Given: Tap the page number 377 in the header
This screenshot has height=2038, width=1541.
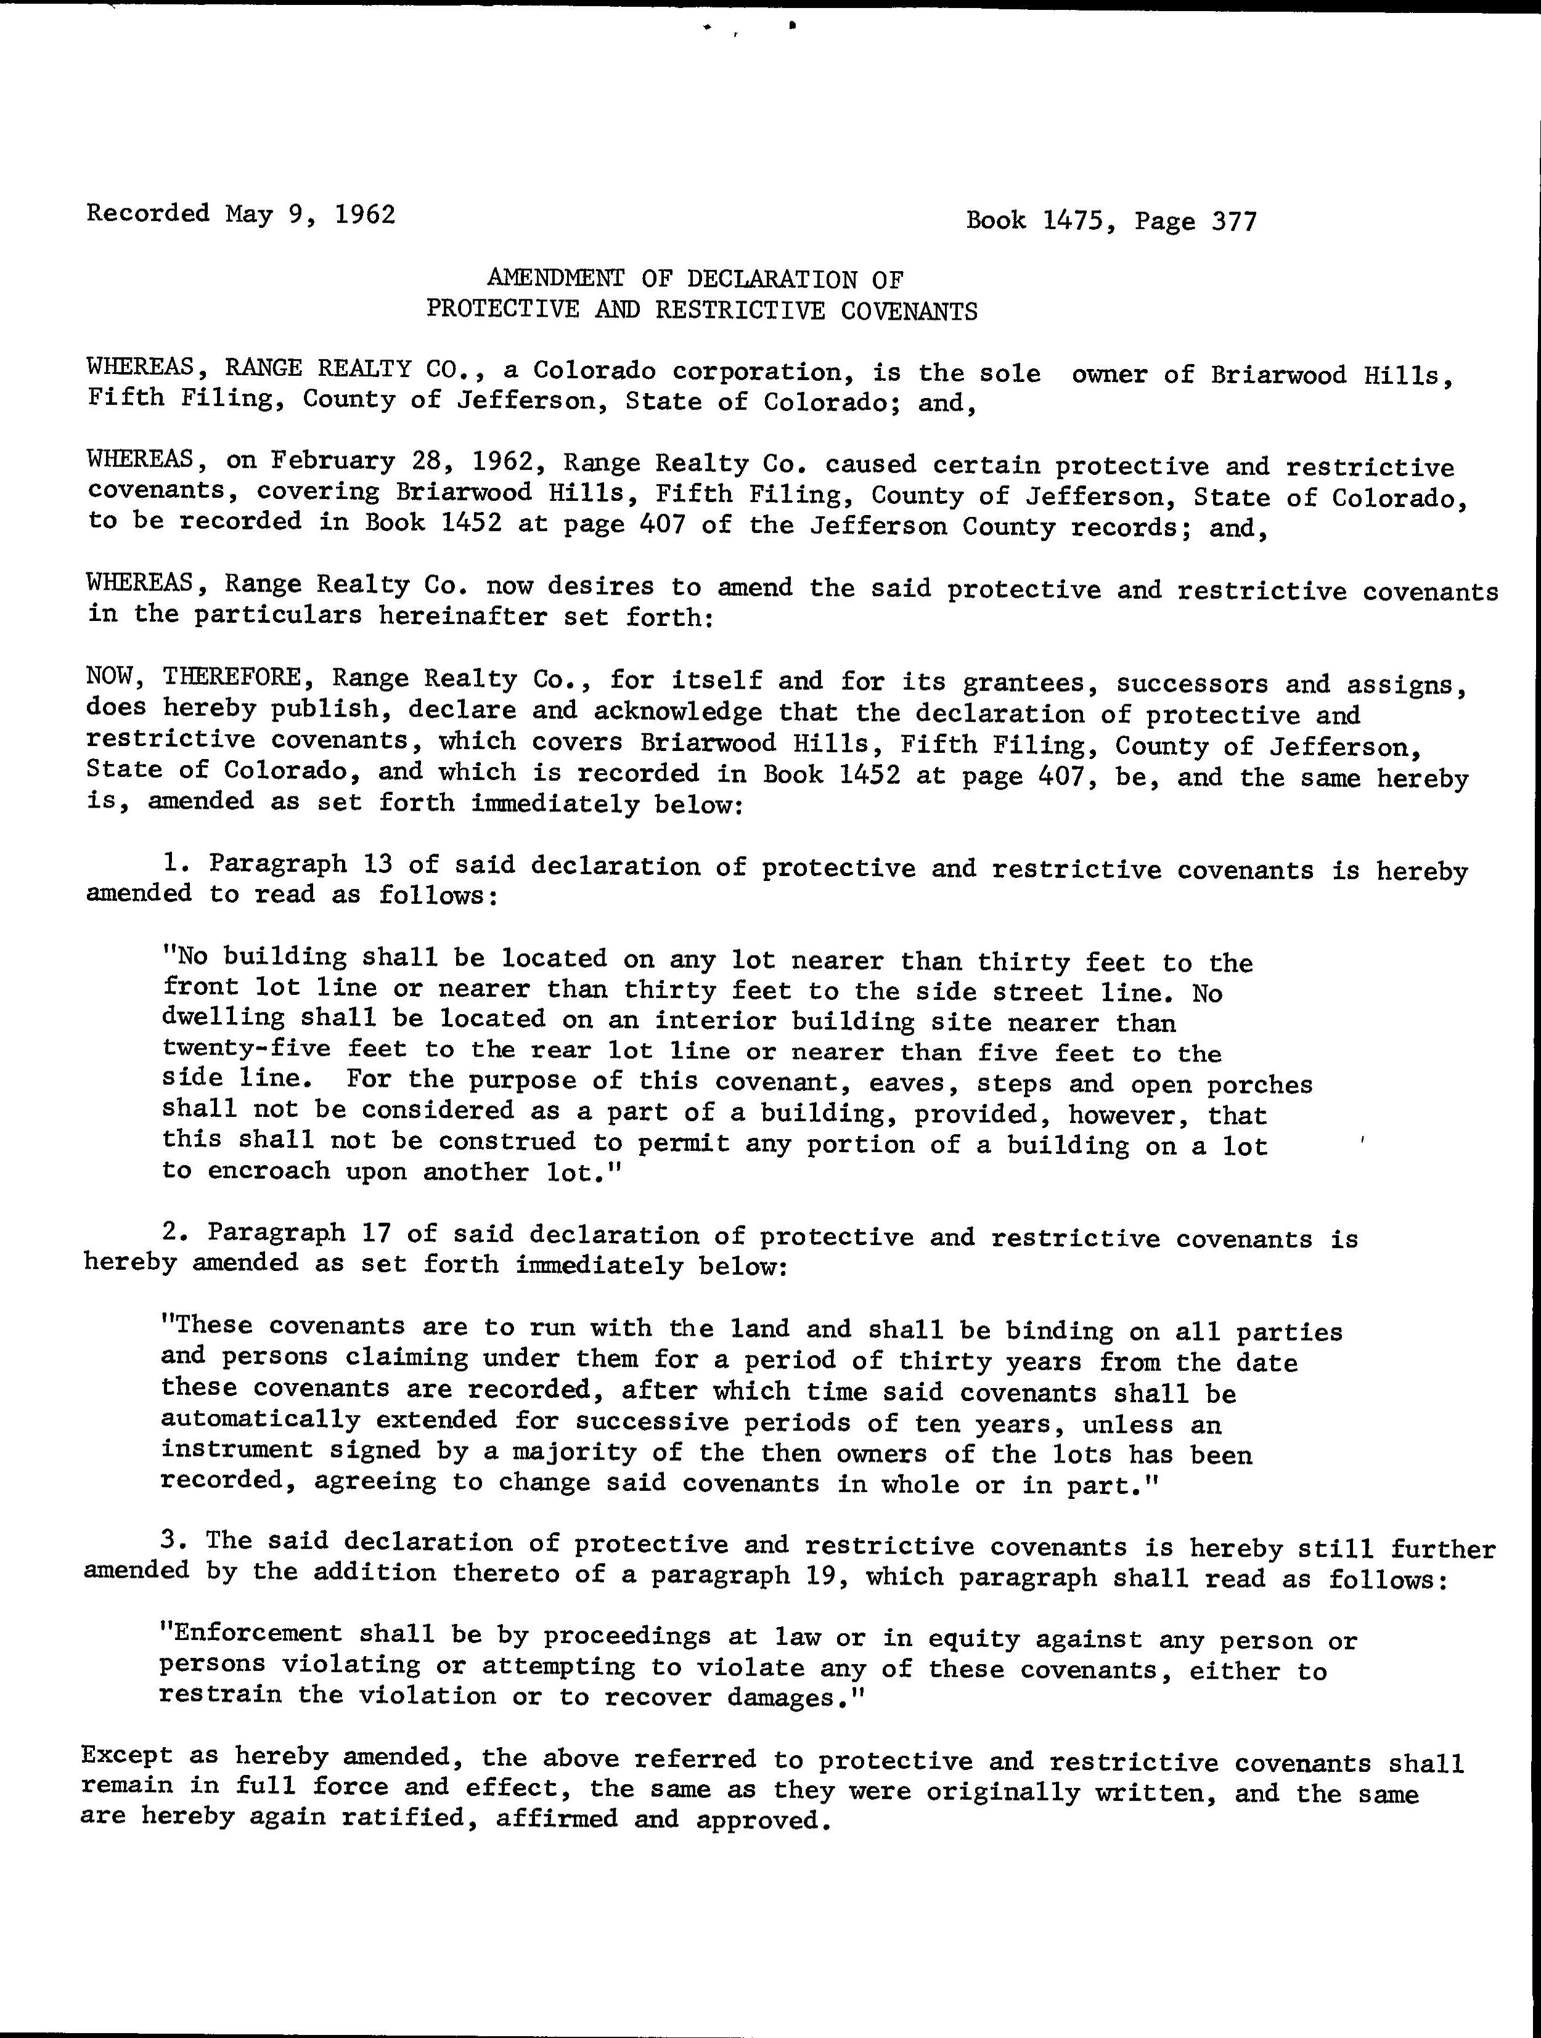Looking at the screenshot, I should (x=1234, y=221).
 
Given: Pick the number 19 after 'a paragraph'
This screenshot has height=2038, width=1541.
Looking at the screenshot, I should (x=823, y=1575).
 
